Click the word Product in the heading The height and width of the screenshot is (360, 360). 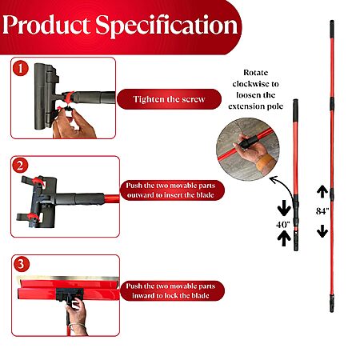point(46,25)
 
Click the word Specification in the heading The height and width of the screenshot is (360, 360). point(166,26)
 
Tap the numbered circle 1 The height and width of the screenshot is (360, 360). point(21,69)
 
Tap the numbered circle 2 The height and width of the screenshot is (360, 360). point(20,166)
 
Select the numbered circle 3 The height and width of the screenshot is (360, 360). point(21,264)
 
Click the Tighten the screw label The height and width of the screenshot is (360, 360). point(169,99)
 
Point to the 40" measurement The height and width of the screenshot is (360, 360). point(283,224)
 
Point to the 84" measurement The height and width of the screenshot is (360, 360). point(322,211)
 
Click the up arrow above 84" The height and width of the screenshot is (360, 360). point(322,191)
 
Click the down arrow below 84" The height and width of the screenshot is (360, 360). point(322,231)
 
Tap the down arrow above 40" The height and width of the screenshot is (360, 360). point(284,208)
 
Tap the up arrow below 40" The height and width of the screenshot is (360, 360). point(284,238)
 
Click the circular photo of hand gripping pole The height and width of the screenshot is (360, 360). point(248,150)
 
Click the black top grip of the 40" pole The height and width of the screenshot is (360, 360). point(296,110)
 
